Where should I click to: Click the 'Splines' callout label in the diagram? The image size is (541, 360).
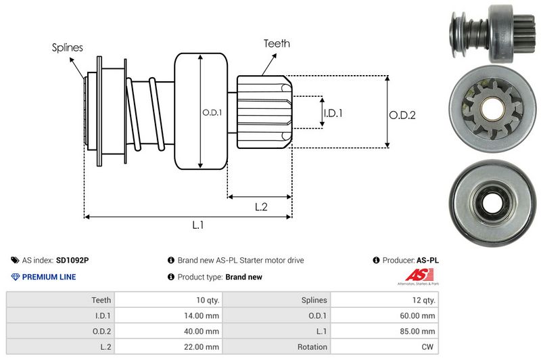[x=68, y=47]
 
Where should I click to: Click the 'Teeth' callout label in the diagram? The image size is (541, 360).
[x=277, y=43]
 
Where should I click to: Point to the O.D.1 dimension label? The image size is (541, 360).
[x=212, y=112]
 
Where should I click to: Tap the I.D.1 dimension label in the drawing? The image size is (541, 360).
[x=333, y=113]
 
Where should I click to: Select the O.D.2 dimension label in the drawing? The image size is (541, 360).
[x=402, y=115]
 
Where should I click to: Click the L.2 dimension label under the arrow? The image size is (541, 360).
[x=262, y=207]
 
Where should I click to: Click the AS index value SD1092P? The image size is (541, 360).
[x=72, y=260]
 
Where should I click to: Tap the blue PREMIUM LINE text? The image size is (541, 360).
[x=49, y=277]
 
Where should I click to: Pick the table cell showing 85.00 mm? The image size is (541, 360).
[x=419, y=331]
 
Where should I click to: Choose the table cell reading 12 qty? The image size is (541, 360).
[x=423, y=300]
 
